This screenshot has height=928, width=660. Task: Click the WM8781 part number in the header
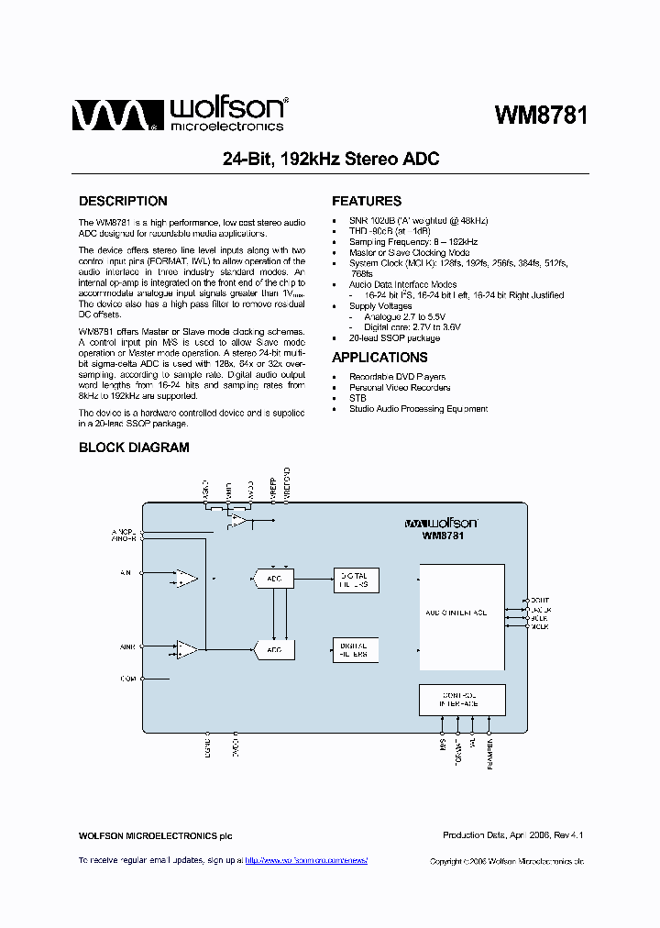[x=541, y=116]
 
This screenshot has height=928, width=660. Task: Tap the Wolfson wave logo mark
[x=108, y=116]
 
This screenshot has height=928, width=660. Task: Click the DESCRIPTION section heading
[x=123, y=201]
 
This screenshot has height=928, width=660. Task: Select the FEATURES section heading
[x=367, y=201]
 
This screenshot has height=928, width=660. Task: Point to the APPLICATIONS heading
[x=379, y=358]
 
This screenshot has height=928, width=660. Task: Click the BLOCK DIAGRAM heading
[x=134, y=447]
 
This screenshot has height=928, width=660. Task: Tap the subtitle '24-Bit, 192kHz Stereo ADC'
[x=331, y=160]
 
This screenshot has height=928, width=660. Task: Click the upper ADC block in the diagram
[x=274, y=579]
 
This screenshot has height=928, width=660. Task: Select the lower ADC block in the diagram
[x=274, y=649]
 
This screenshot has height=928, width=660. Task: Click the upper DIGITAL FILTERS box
[x=355, y=580]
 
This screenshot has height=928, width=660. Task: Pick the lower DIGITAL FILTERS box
[x=355, y=649]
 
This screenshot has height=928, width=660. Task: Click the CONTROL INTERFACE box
[x=461, y=700]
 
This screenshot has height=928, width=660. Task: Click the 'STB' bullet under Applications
[x=357, y=398]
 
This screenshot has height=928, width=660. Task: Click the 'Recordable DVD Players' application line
[x=397, y=377]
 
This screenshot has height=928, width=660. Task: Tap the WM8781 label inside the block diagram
[x=443, y=536]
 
